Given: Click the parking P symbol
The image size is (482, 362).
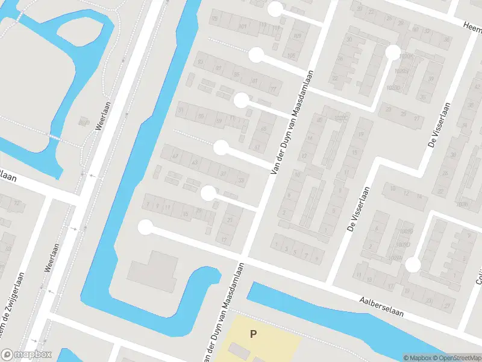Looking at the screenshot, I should coord(253,333).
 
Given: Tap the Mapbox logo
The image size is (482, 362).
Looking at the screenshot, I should coord(27,355).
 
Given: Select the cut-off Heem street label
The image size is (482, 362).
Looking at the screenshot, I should coord(472,27).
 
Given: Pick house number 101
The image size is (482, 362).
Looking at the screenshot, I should coord(243,27).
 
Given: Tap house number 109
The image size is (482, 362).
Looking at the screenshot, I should coord(297,36).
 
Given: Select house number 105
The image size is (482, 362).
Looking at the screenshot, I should coord(292,56).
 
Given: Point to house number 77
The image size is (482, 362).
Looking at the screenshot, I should coord(273,89).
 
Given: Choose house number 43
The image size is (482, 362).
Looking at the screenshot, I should coord(195,163).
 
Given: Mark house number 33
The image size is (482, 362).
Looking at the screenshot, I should coord(241,179).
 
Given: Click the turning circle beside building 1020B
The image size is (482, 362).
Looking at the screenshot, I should coord(393,52).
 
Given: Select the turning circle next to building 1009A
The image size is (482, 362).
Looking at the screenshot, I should coord(413,264).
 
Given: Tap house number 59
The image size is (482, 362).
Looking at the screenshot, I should coord(219,121).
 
